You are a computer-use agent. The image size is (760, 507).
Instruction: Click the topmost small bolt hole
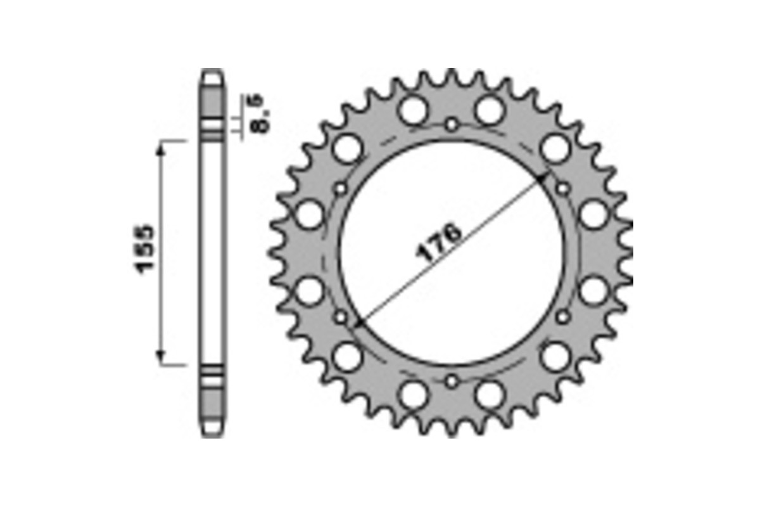[451, 124]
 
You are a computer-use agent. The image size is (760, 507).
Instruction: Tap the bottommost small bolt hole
[451, 381]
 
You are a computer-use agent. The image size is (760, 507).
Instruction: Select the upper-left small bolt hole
[341, 189]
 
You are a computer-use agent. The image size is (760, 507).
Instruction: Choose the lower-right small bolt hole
[562, 316]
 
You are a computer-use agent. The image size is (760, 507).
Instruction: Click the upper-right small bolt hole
[562, 188]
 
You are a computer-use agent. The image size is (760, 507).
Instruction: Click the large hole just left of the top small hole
[414, 110]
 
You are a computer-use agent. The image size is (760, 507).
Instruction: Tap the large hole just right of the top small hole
[489, 110]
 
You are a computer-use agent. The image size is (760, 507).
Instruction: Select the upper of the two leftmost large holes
[310, 215]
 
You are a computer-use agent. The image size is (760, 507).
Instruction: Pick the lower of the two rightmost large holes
[593, 291]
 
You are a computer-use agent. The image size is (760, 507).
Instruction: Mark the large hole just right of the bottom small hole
[489, 394]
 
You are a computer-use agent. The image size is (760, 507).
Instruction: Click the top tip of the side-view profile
[213, 70]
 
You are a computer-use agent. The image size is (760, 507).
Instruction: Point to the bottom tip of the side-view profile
[213, 435]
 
